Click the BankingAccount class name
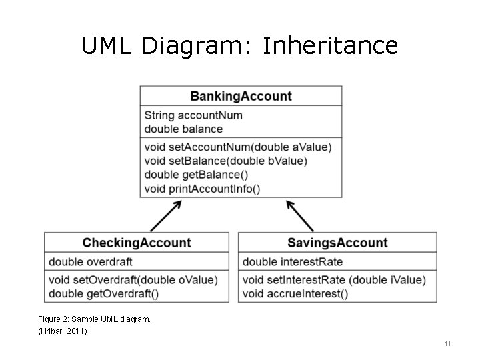pyautogui.click(x=241, y=96)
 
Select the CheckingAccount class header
pyautogui.click(x=137, y=243)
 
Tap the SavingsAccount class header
pyautogui.click(x=337, y=243)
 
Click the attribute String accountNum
pyautogui.click(x=193, y=115)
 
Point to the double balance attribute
pyautogui.click(x=183, y=129)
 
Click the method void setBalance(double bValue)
pyautogui.click(x=225, y=161)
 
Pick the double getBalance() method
pyautogui.click(x=196, y=175)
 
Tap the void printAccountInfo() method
pyautogui.click(x=202, y=189)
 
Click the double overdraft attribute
pyautogui.click(x=91, y=262)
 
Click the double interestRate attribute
pyautogui.click(x=293, y=262)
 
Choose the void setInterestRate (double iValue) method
pyautogui.click(x=333, y=280)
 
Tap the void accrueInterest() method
pyautogui.click(x=295, y=293)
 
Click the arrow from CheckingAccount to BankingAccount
pyautogui.click(x=165, y=216)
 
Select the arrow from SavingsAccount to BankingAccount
pyautogui.click(x=300, y=216)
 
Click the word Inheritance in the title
pyautogui.click(x=331, y=45)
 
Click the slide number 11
pyautogui.click(x=447, y=344)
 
